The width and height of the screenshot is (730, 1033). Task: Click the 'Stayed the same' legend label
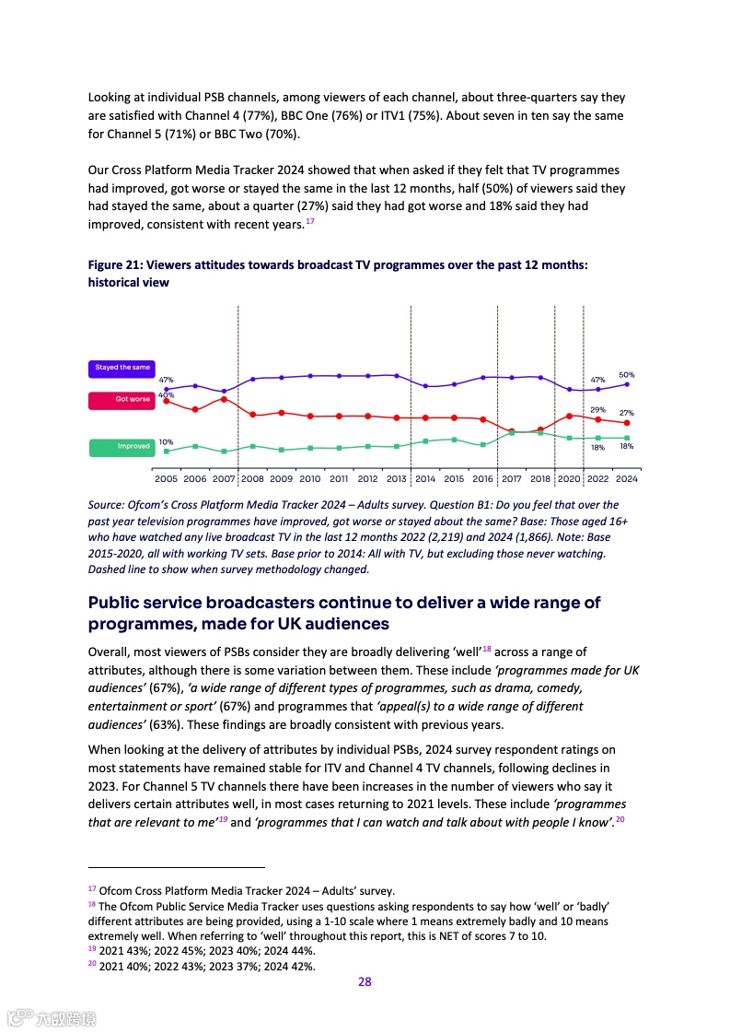[122, 368]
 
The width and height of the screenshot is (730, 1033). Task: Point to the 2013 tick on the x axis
[396, 479]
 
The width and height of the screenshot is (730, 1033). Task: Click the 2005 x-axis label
[167, 479]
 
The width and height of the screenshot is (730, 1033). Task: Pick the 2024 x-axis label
[627, 479]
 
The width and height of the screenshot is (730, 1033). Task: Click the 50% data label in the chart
[626, 375]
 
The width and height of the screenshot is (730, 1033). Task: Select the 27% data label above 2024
[626, 413]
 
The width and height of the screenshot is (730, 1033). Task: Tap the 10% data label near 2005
[166, 441]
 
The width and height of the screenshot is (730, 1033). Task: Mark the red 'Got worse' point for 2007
[224, 399]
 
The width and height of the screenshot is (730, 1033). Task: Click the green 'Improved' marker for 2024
[627, 438]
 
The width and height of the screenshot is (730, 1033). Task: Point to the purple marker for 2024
[627, 384]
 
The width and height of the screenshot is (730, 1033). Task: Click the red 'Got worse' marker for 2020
[570, 416]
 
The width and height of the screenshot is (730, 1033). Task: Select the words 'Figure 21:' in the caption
[115, 264]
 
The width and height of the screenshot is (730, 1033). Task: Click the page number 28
[365, 981]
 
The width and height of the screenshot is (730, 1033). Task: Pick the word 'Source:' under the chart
[107, 505]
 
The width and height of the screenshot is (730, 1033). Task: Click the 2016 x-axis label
[482, 479]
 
